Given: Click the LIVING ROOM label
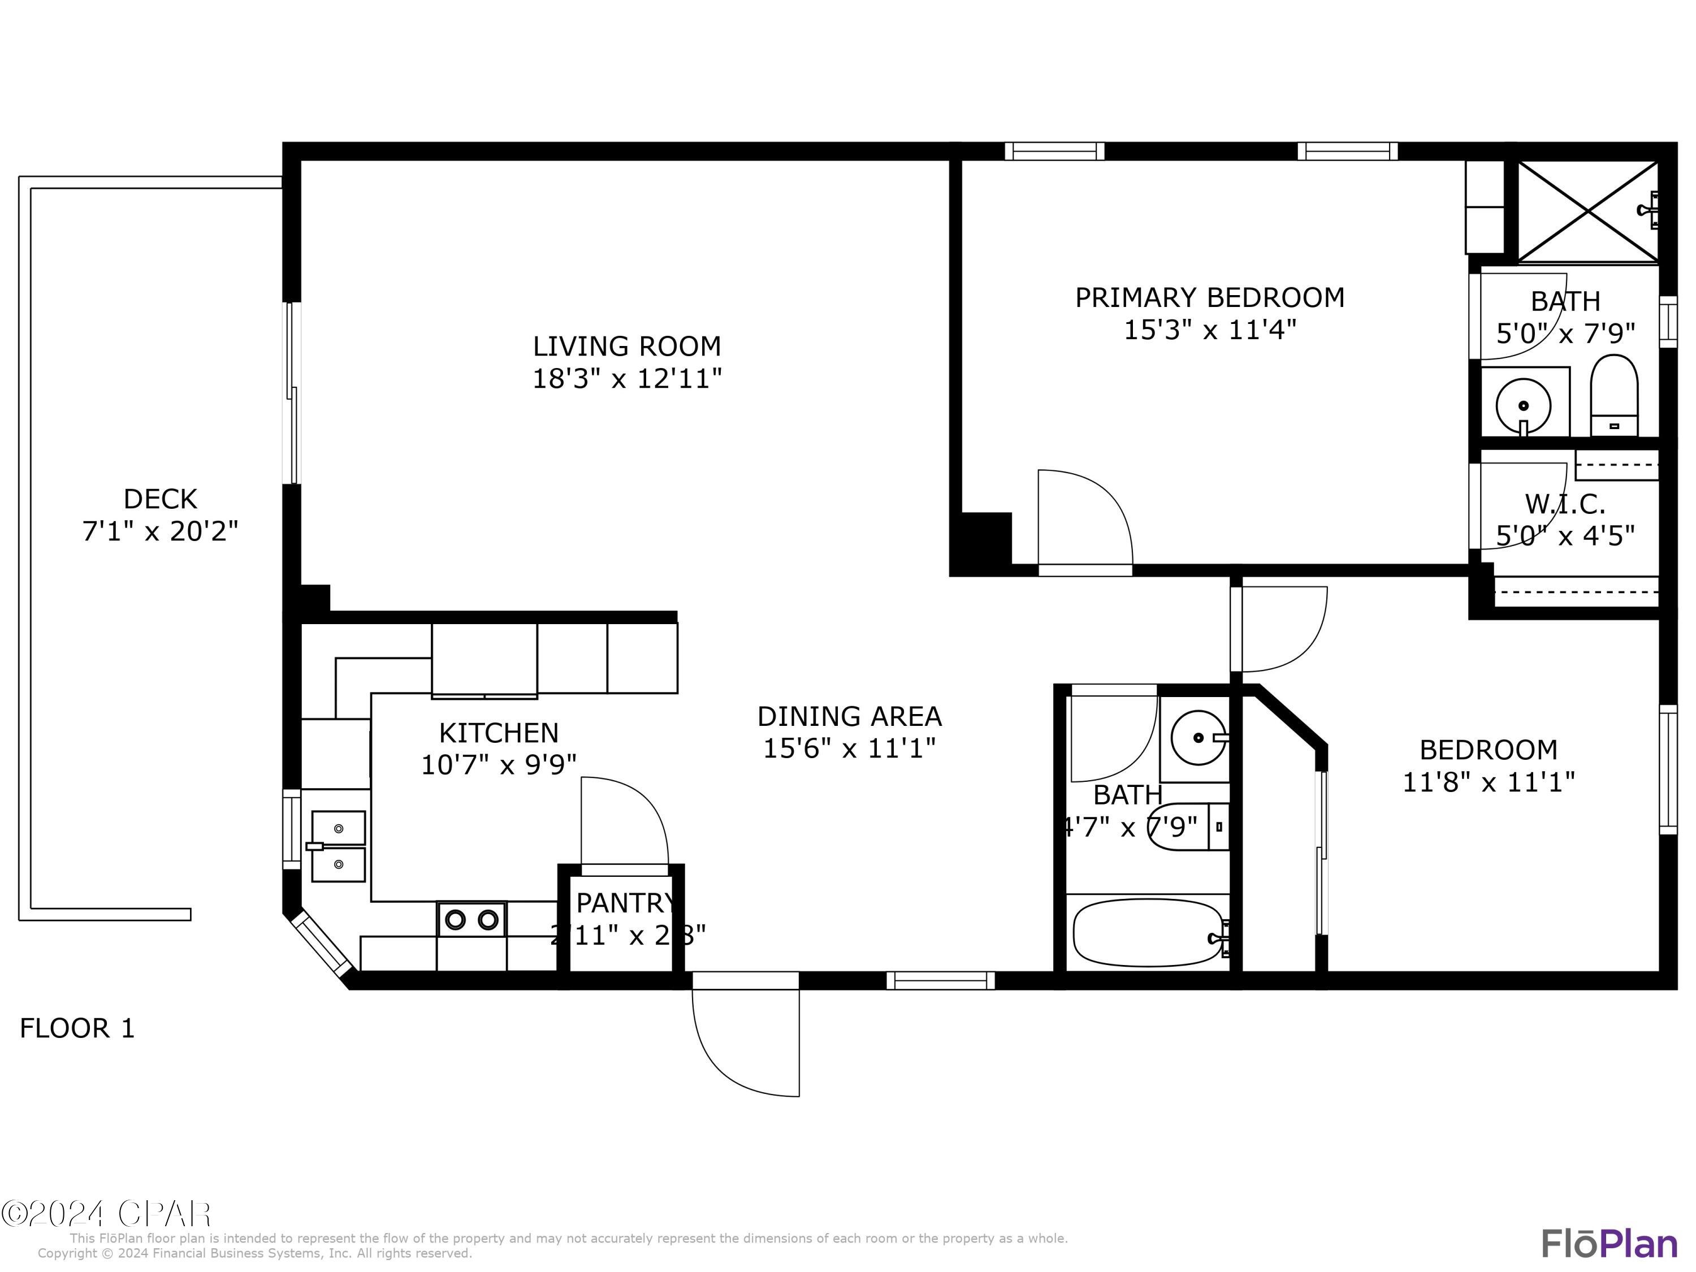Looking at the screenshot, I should point(626,347).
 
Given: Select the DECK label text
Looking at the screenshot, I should point(160,499).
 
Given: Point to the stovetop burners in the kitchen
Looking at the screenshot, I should point(471,919).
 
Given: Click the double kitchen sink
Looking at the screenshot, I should point(338,846).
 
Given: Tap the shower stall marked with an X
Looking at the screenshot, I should point(1586,210).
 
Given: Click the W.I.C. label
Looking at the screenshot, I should point(1565,504).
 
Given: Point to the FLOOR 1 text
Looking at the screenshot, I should point(77,1028).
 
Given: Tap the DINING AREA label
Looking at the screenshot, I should point(849,716).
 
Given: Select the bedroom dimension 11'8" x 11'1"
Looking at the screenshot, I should point(1488,782).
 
